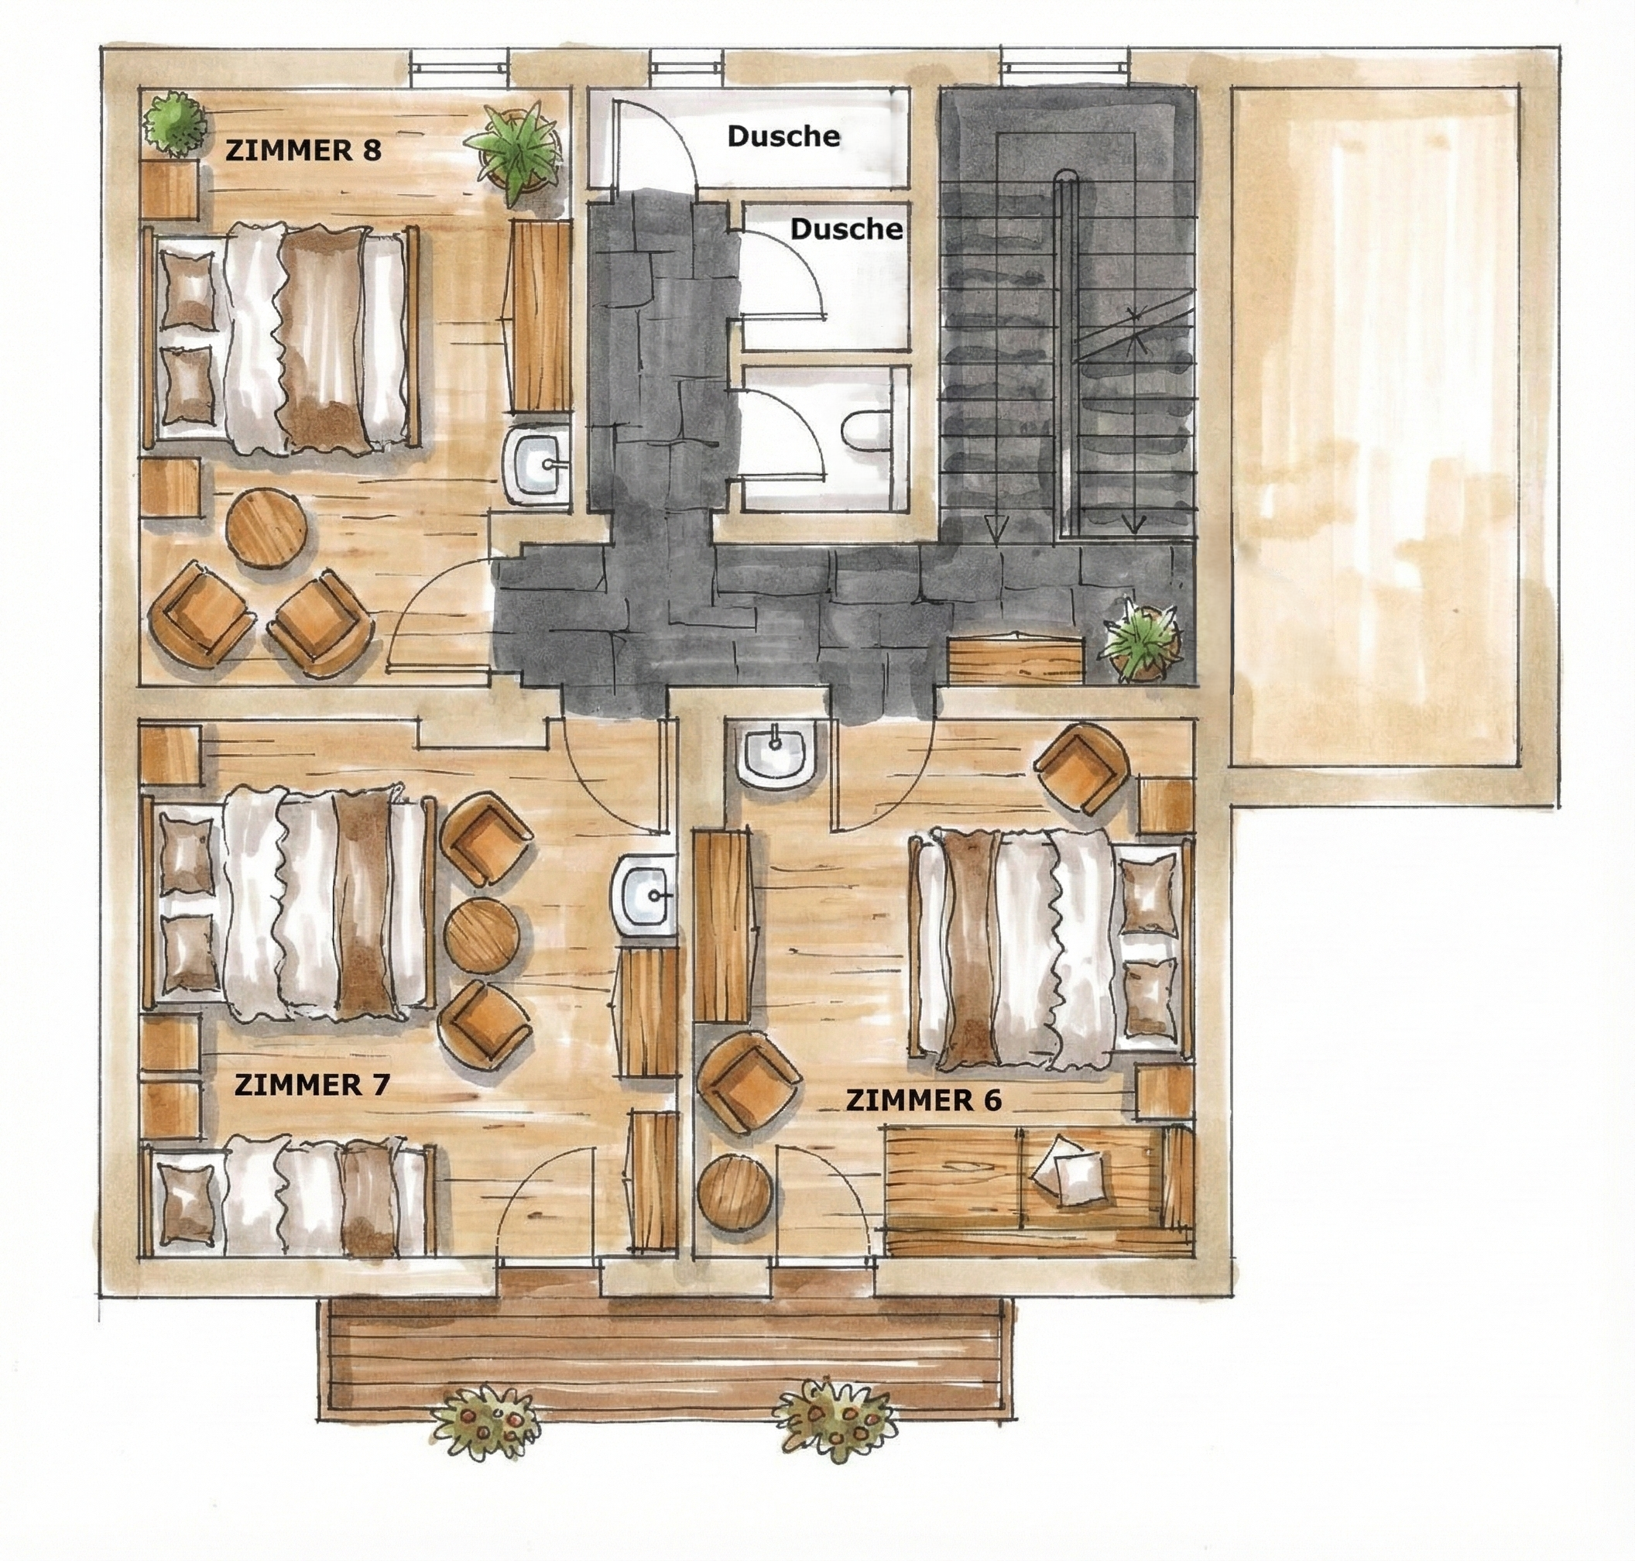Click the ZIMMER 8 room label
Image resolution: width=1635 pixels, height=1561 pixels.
(x=303, y=151)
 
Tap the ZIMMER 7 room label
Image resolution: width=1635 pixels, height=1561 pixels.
(x=312, y=1085)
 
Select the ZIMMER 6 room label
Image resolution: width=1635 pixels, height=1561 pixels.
(x=924, y=1101)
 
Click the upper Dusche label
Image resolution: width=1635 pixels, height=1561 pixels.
(x=783, y=136)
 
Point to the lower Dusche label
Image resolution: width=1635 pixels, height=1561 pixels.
(x=846, y=229)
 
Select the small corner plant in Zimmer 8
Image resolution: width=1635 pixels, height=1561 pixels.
(x=176, y=123)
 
